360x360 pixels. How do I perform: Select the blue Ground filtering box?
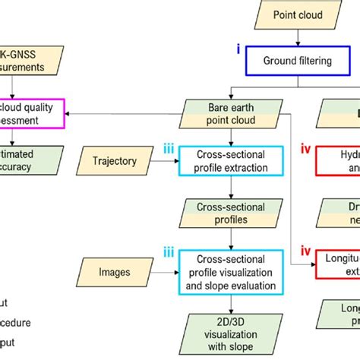(298, 61)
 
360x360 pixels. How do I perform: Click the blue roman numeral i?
(238, 51)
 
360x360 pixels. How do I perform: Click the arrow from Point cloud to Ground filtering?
(298, 37)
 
